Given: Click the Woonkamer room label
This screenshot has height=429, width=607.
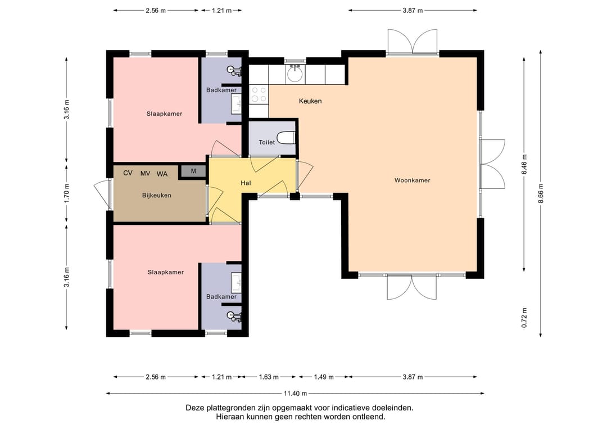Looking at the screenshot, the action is click(x=413, y=180).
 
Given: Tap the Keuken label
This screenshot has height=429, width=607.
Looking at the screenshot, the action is click(x=310, y=101).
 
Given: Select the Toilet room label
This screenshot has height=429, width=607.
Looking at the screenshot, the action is click(x=267, y=142).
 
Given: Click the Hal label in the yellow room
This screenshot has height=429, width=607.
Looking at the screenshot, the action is click(x=246, y=183).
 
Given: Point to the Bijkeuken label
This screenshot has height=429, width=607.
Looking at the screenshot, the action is click(x=157, y=196).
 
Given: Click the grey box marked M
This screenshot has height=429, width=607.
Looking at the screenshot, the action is click(x=193, y=171).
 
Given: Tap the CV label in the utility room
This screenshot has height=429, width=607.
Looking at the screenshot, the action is click(x=128, y=173).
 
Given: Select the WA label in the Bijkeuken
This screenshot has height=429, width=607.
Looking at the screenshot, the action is click(x=162, y=174).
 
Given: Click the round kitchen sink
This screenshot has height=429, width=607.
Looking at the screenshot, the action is click(x=296, y=74).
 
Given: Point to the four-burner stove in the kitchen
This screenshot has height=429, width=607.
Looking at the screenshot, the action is click(x=259, y=94).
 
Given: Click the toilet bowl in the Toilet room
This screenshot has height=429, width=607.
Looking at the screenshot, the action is click(x=287, y=137).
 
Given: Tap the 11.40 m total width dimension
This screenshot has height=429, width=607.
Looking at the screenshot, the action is click(x=296, y=394).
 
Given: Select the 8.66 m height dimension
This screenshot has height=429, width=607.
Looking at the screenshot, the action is click(x=541, y=193).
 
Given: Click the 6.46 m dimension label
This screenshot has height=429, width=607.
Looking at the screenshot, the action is click(x=524, y=164).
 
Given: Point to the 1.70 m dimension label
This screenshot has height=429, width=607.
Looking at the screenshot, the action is click(x=66, y=193).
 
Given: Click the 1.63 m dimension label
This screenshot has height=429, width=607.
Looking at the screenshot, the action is click(x=269, y=377).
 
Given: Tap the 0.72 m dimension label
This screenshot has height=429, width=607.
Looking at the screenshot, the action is click(x=524, y=318).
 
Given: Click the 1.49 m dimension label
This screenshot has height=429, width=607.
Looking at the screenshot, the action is click(x=324, y=377).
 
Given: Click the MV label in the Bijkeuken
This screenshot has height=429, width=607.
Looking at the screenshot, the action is click(x=145, y=174).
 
